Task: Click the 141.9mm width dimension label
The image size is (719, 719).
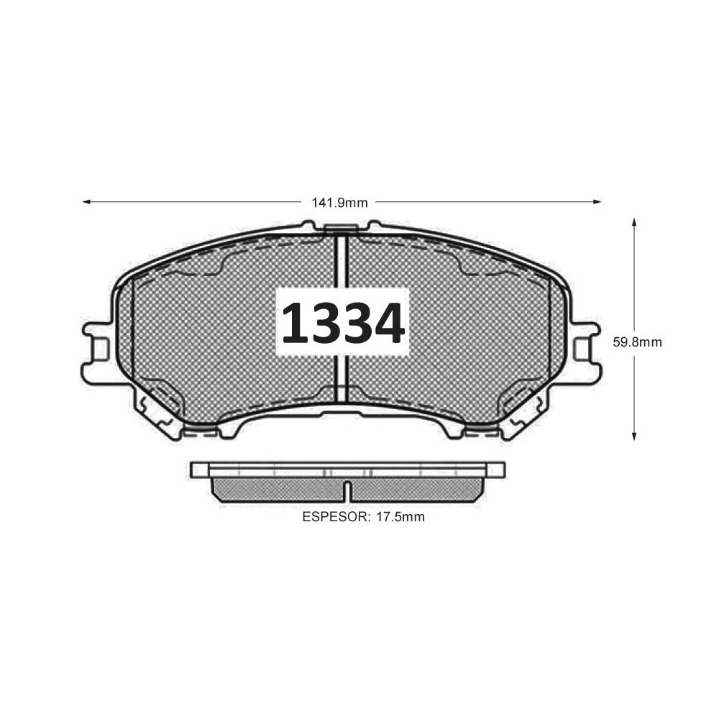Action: pyautogui.click(x=340, y=203)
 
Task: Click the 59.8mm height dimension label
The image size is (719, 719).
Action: pyautogui.click(x=637, y=342)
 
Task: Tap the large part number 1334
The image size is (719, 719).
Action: pyautogui.click(x=343, y=324)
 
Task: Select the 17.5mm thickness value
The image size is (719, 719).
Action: pyautogui.click(x=400, y=517)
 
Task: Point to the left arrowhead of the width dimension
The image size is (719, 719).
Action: pyautogui.click(x=86, y=202)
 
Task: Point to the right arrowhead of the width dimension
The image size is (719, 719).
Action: pyautogui.click(x=597, y=202)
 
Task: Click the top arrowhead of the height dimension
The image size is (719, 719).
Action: pyautogui.click(x=634, y=222)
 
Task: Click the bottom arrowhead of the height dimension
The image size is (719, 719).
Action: pyautogui.click(x=634, y=436)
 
